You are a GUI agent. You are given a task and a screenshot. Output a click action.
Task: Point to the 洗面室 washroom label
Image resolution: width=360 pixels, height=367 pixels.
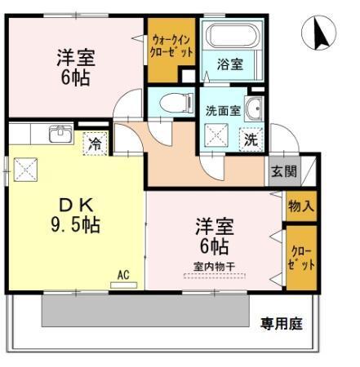click(x=220, y=112)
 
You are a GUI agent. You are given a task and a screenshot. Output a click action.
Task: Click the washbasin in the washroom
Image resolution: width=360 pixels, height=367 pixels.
click(x=255, y=108)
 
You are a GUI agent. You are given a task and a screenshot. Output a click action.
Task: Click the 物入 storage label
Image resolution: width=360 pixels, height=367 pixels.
click(x=300, y=206)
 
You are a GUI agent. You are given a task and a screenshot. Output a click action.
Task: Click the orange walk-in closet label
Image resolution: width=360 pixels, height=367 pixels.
click(x=172, y=45)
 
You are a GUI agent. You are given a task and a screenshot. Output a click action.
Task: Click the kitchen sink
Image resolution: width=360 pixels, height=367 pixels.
click(x=59, y=134)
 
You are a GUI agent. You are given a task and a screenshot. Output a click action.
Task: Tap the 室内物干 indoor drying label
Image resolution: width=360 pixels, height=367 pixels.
click(x=215, y=266)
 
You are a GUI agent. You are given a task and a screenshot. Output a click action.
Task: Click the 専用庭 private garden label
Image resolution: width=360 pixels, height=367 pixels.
click(x=282, y=324)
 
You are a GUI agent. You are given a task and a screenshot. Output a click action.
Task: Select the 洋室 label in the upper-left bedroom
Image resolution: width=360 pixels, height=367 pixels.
click(x=74, y=58)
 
